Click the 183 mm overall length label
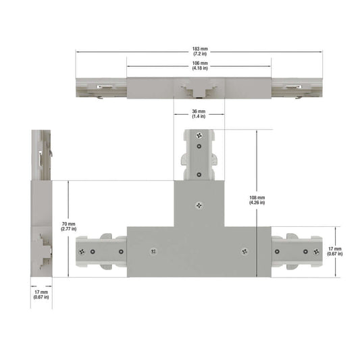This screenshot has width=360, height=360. click(x=200, y=51)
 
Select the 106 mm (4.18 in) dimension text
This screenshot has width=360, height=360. click(x=200, y=66)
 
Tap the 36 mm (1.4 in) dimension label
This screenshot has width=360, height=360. click(x=199, y=114)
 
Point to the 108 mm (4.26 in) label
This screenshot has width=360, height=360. click(x=257, y=200)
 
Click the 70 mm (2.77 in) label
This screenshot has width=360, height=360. click(x=69, y=226)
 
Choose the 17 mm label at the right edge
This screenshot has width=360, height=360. click(x=335, y=251)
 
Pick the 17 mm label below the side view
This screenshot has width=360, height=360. click(x=41, y=294)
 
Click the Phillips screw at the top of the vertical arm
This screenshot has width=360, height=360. click(x=199, y=136)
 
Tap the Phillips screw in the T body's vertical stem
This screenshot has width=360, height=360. click(x=199, y=205)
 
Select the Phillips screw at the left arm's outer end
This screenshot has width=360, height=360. click(x=82, y=252)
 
